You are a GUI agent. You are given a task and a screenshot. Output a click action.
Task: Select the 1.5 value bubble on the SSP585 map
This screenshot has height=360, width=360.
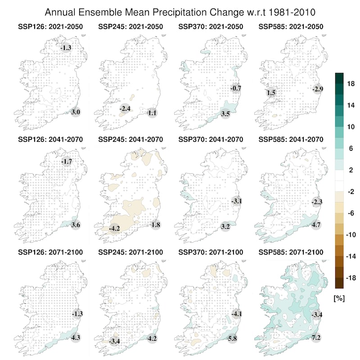pos(271,93)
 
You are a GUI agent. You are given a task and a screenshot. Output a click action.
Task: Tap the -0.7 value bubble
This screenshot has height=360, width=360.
pos(236,88)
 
